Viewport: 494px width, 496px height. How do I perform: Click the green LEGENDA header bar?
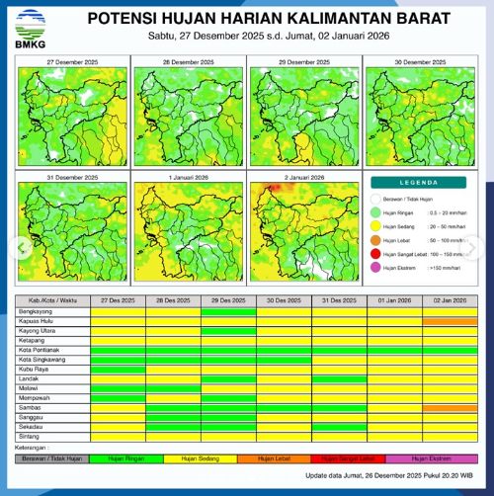coord(419,183)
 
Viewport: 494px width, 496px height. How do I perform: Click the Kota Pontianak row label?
coord(41,350)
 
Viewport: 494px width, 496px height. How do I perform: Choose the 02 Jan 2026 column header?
coord(449,300)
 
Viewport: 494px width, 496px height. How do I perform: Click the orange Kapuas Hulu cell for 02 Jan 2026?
coord(449,321)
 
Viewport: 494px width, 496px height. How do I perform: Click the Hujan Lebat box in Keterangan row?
coord(282,459)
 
